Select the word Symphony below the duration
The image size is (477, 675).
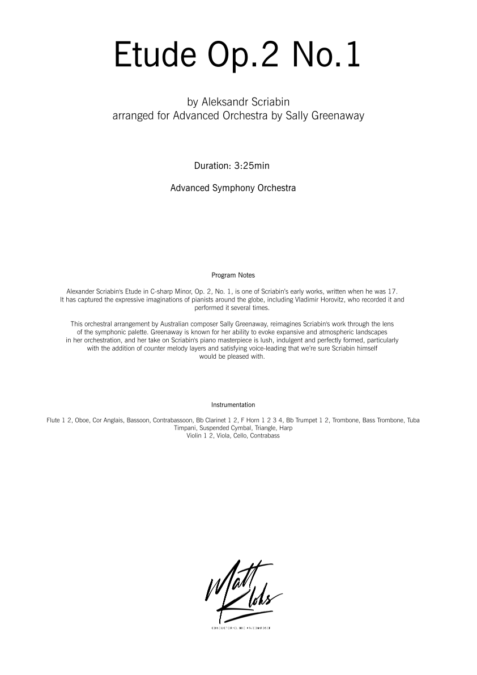click(x=235, y=188)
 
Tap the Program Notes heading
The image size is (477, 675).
click(x=233, y=275)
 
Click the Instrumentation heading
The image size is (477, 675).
click(x=233, y=405)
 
